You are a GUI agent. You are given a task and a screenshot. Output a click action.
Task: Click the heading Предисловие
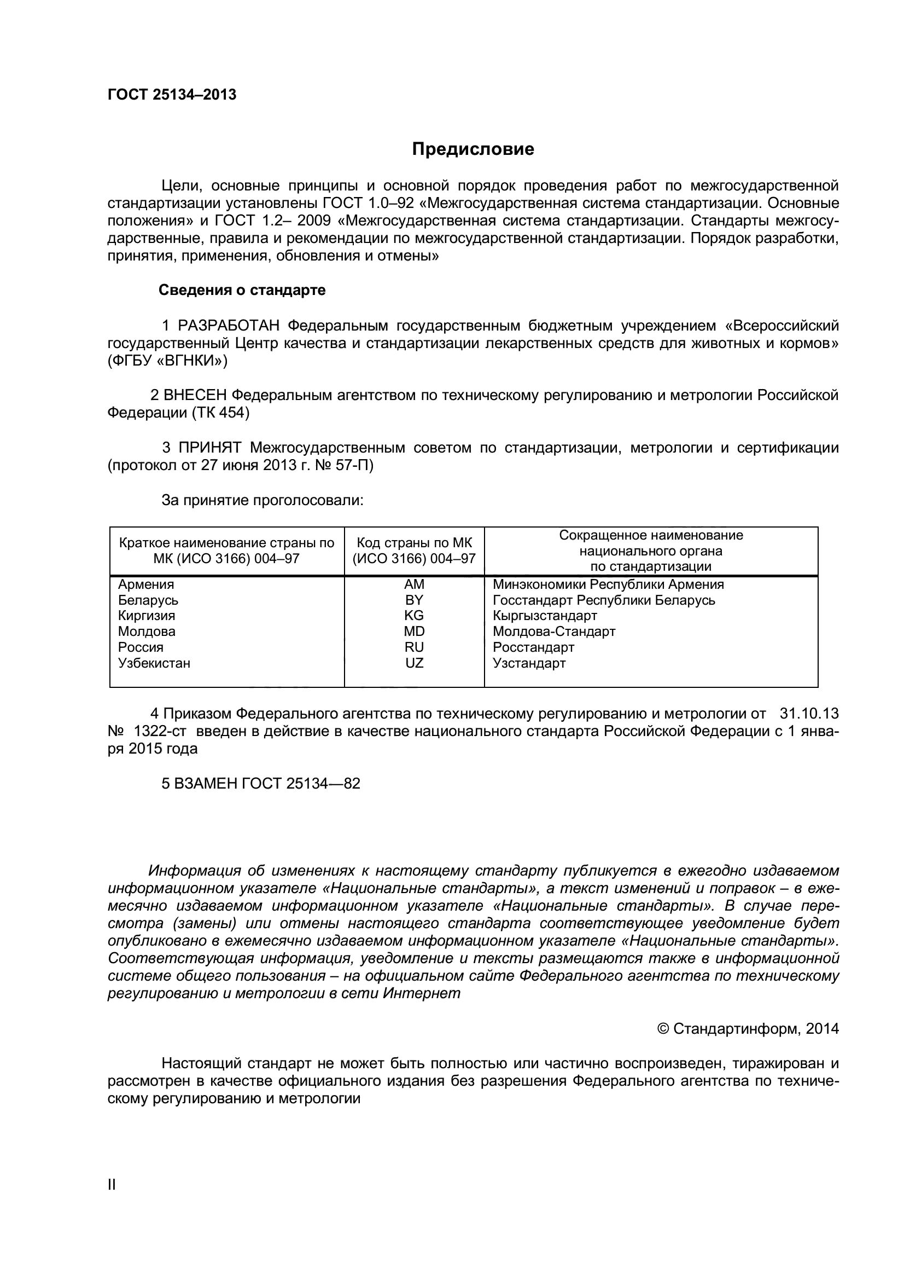coord(473,149)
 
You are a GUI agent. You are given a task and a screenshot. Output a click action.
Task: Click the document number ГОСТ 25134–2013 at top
coord(172,95)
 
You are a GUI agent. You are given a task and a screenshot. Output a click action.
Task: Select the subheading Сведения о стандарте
coord(242,291)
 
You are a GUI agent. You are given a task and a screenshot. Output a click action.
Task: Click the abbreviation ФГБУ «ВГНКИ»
coord(167,361)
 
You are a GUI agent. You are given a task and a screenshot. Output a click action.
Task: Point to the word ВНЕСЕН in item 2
coord(195,395)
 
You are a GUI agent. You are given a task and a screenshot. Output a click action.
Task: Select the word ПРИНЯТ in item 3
coord(209,448)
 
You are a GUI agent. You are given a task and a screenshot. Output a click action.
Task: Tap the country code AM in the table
coord(414,584)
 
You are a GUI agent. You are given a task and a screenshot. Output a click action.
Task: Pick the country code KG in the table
coord(414,616)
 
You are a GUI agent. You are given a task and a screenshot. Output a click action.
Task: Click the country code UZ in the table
coord(414,663)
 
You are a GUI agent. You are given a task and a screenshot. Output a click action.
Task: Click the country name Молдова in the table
coord(147,632)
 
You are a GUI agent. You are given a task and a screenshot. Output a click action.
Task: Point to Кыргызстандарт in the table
coord(544,616)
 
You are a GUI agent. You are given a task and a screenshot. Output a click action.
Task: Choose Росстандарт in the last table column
coord(533,647)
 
